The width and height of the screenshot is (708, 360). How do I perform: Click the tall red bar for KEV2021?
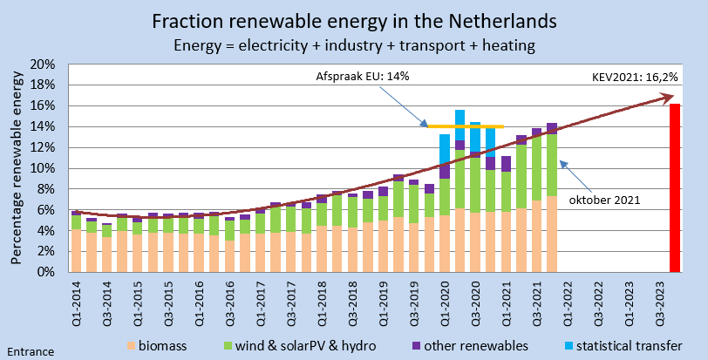(x=674, y=187)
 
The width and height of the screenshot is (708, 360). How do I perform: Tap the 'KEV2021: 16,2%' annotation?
(x=635, y=78)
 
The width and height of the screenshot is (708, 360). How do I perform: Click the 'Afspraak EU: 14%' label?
(x=363, y=77)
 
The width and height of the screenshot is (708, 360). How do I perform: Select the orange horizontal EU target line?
(x=466, y=126)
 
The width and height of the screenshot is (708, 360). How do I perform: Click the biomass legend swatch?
(x=133, y=346)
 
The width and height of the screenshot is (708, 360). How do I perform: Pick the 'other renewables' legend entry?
(x=472, y=346)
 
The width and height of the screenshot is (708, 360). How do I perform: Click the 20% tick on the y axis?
(x=43, y=65)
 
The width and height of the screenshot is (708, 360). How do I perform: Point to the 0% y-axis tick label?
(x=46, y=272)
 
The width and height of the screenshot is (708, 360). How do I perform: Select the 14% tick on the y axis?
(x=43, y=126)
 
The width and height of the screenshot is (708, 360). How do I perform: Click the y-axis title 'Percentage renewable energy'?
(x=16, y=168)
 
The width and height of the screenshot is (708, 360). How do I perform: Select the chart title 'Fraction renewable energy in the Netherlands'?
(x=354, y=20)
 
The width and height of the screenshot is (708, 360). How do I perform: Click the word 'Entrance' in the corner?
(x=30, y=352)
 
